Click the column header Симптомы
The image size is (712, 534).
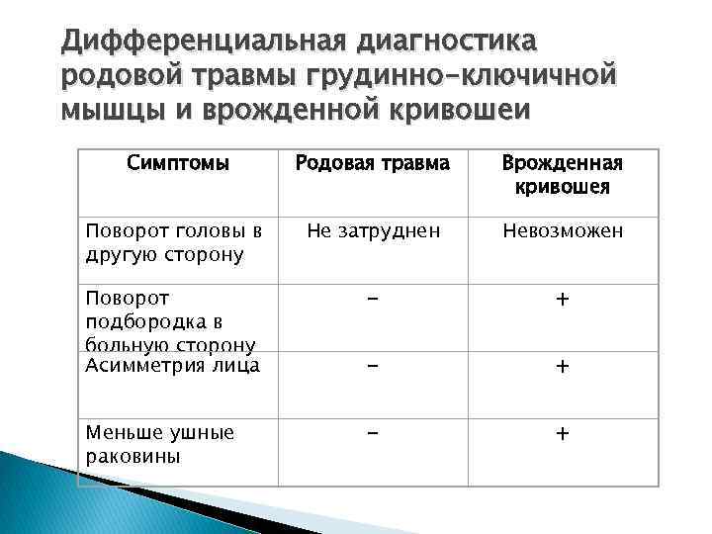(178, 162)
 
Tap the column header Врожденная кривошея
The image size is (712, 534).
(562, 174)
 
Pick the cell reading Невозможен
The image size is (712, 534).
(562, 231)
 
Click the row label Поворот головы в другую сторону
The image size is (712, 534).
(173, 242)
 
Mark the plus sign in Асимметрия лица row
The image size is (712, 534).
(562, 367)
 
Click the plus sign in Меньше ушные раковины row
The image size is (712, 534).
(562, 433)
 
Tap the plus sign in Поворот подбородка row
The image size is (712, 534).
(562, 300)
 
